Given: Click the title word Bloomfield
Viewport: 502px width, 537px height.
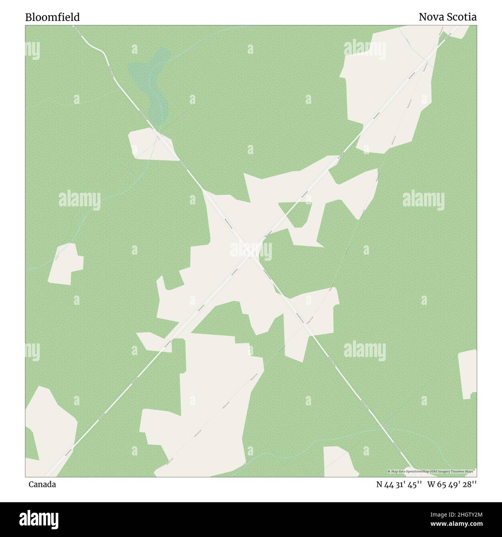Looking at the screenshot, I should (53, 17).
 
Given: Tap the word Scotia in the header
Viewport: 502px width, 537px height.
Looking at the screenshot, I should (463, 17).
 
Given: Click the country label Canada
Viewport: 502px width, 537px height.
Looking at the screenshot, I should (42, 484).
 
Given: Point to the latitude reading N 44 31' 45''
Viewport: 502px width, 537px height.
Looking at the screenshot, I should (400, 484).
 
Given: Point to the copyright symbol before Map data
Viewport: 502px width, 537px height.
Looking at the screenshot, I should (389, 471).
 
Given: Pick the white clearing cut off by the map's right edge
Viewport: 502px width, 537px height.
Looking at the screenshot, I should (468, 373).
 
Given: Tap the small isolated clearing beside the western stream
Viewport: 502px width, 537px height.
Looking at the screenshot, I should (66, 265).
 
